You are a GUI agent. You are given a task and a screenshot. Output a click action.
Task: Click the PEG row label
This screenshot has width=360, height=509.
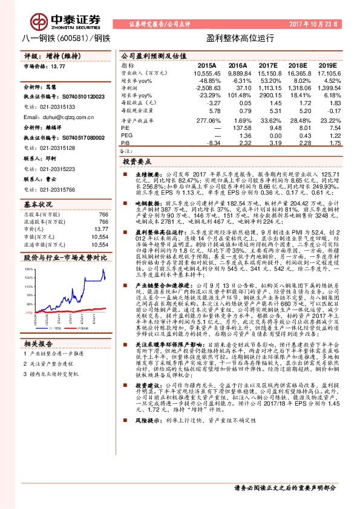point(126,135)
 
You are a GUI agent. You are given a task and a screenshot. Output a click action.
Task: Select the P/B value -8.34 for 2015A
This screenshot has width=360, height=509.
point(210,143)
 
